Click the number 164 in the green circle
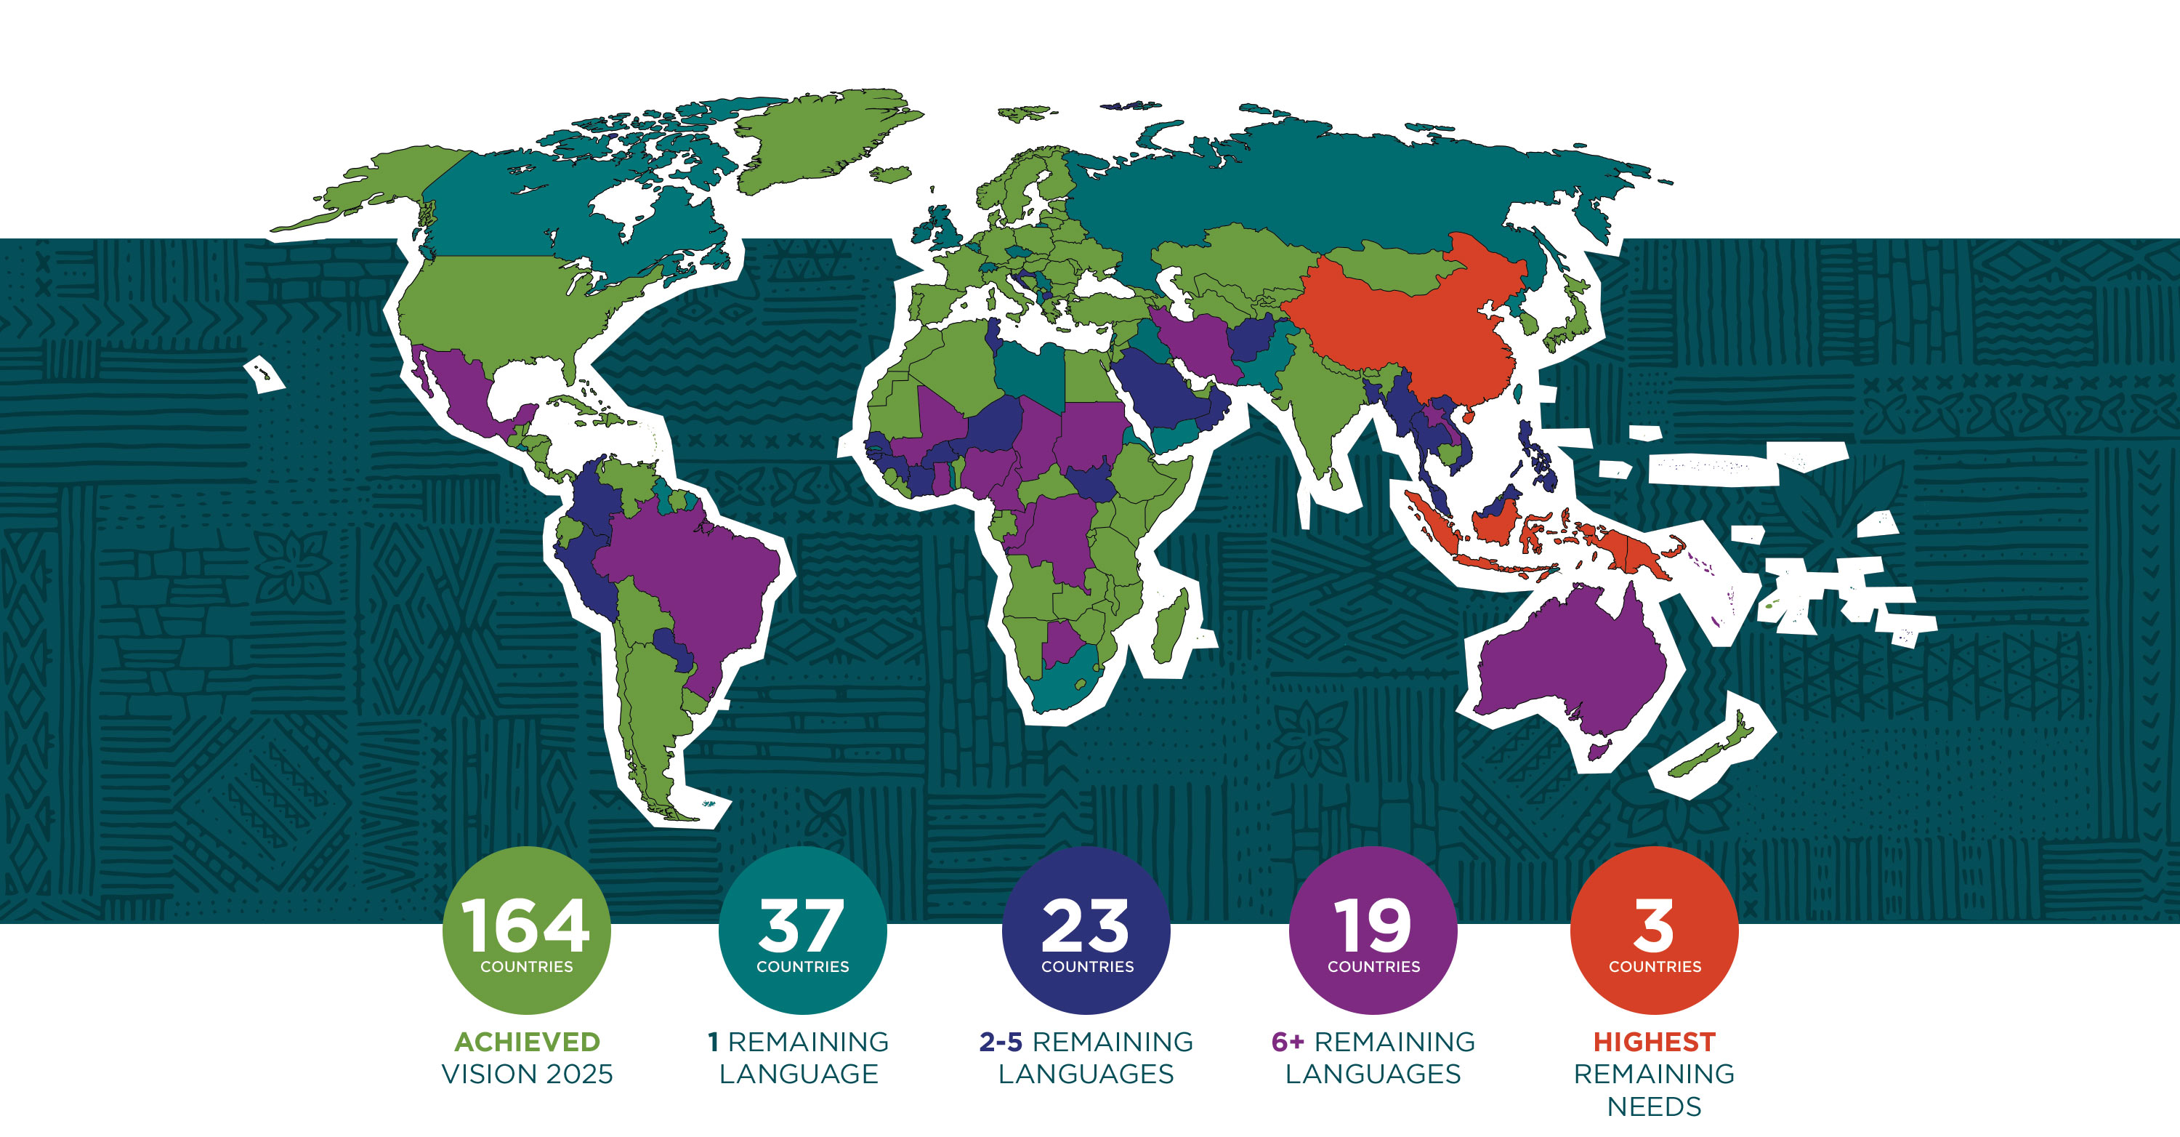(x=525, y=925)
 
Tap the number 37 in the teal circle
(x=802, y=925)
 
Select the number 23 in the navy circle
(x=1086, y=925)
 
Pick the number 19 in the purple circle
(x=1373, y=925)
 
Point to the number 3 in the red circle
(x=1654, y=925)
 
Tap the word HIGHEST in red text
(x=1654, y=1041)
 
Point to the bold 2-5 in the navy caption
(x=1001, y=1041)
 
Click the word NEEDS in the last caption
(x=1654, y=1106)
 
